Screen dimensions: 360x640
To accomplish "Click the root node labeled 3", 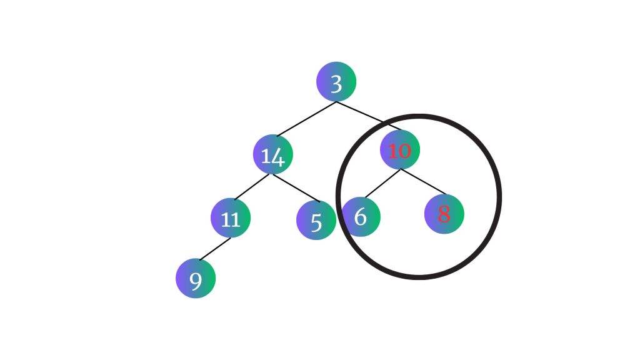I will [x=336, y=82].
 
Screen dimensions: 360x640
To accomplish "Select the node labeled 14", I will [x=273, y=154].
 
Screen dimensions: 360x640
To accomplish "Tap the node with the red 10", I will [x=400, y=150].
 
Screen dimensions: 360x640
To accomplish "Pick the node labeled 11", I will [x=231, y=218].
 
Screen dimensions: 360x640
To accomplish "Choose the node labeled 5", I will [x=316, y=220].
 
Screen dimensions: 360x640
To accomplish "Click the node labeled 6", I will [x=361, y=217].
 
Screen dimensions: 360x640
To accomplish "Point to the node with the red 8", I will [x=444, y=214].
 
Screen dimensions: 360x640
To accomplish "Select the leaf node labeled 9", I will [x=196, y=279].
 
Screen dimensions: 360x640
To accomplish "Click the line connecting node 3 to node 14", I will [x=306, y=119].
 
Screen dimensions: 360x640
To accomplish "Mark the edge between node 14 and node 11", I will [x=252, y=187].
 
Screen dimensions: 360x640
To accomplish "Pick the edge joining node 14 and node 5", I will [x=296, y=188].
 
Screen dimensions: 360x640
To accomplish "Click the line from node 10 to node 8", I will [x=423, y=181].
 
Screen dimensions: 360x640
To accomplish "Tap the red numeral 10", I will [x=399, y=151].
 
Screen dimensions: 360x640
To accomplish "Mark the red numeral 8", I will [x=444, y=214].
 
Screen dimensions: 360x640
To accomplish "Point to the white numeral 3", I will [x=336, y=83].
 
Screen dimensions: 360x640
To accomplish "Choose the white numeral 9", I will [x=196, y=281].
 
